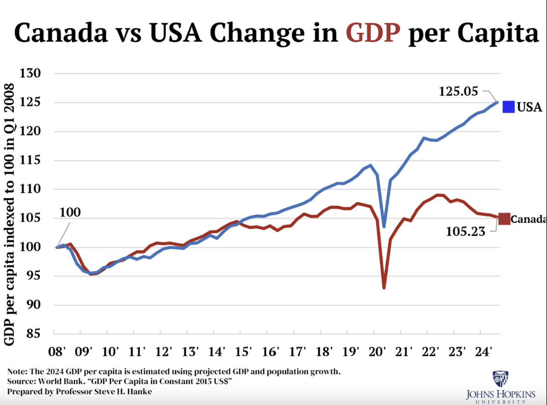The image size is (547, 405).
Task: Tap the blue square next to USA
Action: point(509,107)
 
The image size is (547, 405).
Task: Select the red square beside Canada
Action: point(504,219)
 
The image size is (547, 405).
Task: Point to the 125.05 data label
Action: point(458,91)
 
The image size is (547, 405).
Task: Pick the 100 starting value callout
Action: point(70,212)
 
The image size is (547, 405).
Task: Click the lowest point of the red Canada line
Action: point(384,288)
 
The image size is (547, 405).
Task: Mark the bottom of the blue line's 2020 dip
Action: point(385,226)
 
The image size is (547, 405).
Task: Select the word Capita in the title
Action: point(496,33)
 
